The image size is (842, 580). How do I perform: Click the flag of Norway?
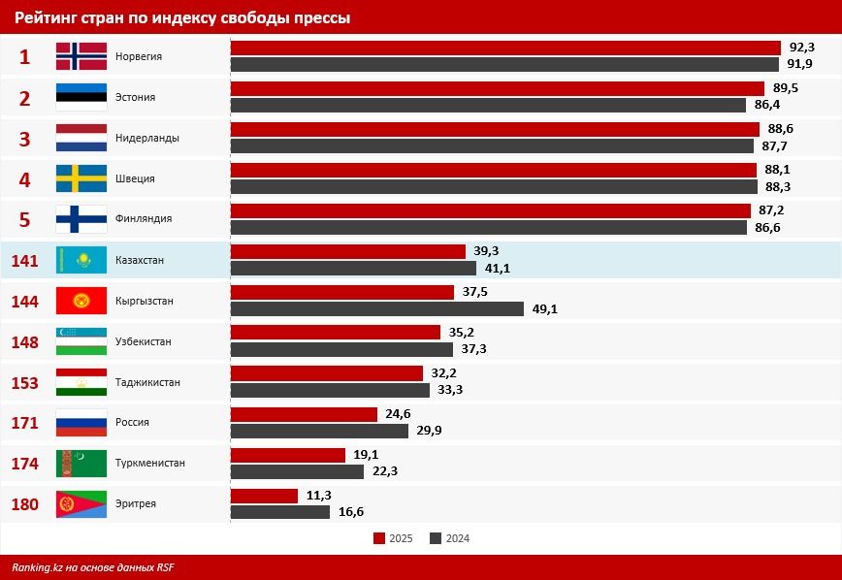point(81,56)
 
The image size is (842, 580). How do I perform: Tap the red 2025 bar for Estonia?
point(497,88)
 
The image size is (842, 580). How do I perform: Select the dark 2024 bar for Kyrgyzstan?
point(376,309)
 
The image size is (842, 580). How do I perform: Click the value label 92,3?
point(801,48)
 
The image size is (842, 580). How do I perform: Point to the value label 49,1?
point(544,309)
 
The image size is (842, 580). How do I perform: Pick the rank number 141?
point(24,260)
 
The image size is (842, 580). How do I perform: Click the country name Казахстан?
point(140,261)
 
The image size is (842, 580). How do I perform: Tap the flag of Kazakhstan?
point(81,260)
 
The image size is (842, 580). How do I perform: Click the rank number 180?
point(24,504)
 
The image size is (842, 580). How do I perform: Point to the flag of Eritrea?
point(81,504)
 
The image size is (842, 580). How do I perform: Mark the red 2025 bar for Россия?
point(304,414)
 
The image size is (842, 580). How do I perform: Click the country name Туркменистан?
point(149,464)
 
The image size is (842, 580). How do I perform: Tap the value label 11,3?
point(319,496)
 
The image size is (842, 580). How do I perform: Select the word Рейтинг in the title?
point(47,18)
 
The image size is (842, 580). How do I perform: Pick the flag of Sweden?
point(81,178)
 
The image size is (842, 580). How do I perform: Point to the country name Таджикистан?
point(147,382)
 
